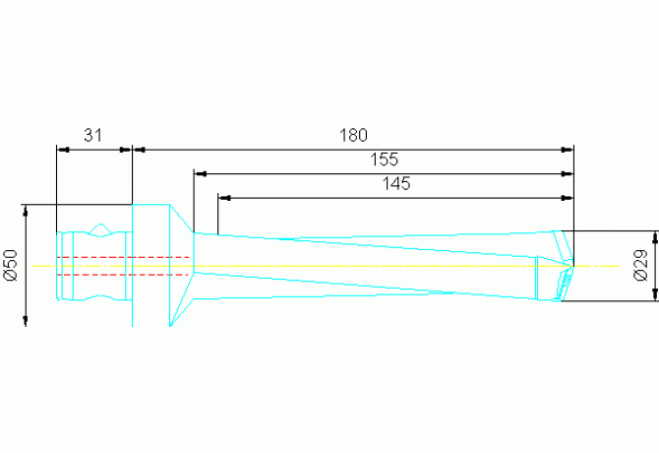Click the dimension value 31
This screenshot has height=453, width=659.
pyautogui.click(x=92, y=136)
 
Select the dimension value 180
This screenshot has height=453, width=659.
pyautogui.click(x=353, y=136)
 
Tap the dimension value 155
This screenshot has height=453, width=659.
pyautogui.click(x=385, y=160)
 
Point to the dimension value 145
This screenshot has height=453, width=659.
pyautogui.click(x=396, y=184)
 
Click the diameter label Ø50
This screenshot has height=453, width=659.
pyautogui.click(x=11, y=265)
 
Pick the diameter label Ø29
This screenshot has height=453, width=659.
pyautogui.click(x=641, y=266)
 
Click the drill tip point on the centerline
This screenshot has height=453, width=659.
pyautogui.click(x=573, y=266)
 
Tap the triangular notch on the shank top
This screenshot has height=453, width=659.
pyautogui.click(x=100, y=229)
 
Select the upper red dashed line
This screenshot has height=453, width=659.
pyautogui.click(x=122, y=257)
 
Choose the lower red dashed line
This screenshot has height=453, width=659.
pyautogui.click(x=122, y=275)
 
